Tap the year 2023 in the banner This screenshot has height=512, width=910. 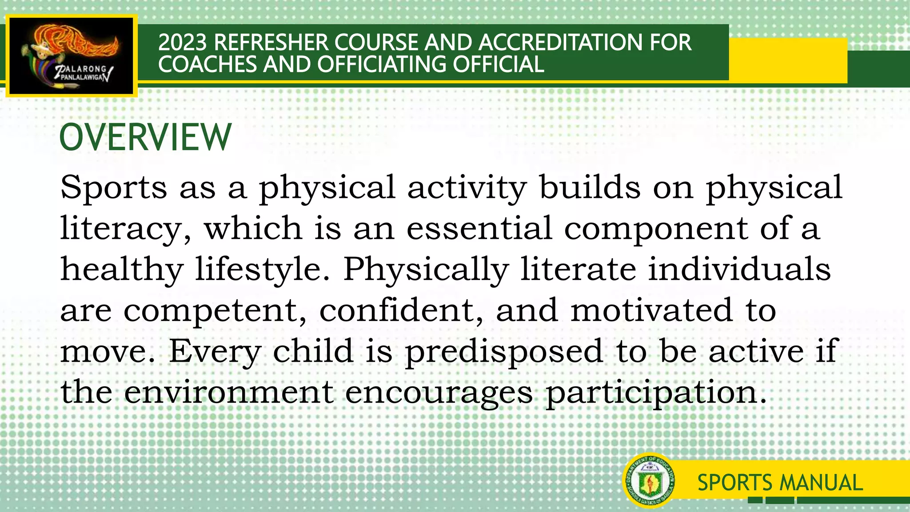[182, 43]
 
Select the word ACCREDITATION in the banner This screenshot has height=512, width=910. [560, 43]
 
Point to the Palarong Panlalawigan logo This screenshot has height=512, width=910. [71, 56]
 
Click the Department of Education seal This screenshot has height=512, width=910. [649, 481]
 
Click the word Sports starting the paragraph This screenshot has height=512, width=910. [113, 187]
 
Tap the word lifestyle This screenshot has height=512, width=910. [263, 269]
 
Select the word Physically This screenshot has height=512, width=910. [426, 269]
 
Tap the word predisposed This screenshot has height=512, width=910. [504, 352]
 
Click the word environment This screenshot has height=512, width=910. [228, 392]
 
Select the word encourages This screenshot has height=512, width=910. [439, 393]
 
